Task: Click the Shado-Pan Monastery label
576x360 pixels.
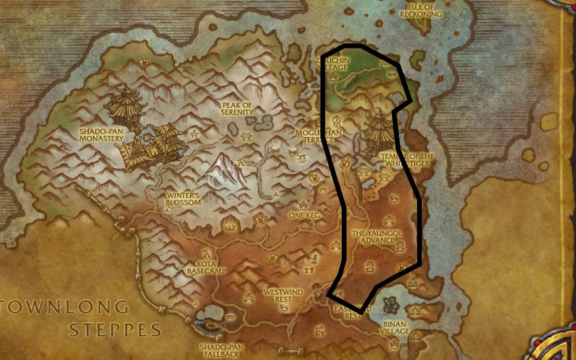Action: click(x=101, y=134)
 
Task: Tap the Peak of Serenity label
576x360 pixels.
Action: click(x=237, y=108)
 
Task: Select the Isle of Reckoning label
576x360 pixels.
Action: click(x=421, y=11)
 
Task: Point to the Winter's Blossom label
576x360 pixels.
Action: click(x=183, y=199)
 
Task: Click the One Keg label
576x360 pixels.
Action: click(x=304, y=216)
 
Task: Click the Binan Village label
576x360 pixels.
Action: click(x=396, y=327)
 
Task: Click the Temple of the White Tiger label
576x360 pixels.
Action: click(x=407, y=160)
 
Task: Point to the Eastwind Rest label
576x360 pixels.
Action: click(x=353, y=312)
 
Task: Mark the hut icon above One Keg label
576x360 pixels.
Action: click(x=304, y=205)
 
